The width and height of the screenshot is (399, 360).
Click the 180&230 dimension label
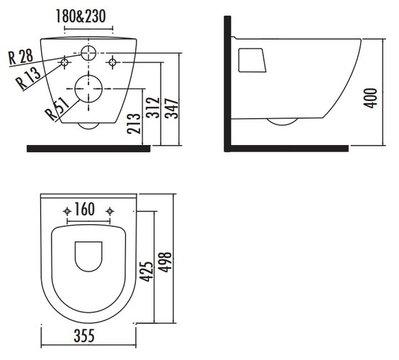coord(81,16)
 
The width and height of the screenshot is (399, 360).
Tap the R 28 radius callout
coord(21,57)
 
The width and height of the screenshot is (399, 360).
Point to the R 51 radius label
coord(57,109)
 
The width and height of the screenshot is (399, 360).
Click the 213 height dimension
coord(134,124)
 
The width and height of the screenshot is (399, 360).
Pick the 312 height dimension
coord(153,108)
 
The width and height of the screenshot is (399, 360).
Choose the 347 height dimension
coord(171,108)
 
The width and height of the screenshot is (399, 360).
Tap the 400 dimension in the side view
coord(370,98)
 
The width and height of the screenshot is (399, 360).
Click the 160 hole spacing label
coord(85,209)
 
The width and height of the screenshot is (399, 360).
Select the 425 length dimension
coord(147,271)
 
